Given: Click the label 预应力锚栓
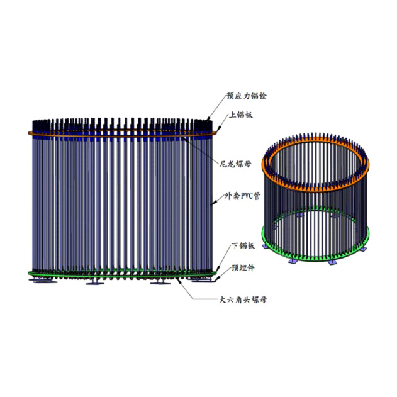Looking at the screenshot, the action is point(247,96).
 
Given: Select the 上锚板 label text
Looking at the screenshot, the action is point(241,115).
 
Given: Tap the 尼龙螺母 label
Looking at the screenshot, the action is point(235,164).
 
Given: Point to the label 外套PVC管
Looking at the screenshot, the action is point(242,196).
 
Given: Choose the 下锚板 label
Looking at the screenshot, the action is point(243,246).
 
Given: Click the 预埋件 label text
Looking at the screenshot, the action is point(243,268).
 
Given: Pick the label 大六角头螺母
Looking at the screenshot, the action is point(243,300).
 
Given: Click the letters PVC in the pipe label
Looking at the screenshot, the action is point(244,196).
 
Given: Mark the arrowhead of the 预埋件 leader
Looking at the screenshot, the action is point(214,281).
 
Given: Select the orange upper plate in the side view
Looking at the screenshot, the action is point(123,133).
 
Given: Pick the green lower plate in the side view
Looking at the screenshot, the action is point(123,273).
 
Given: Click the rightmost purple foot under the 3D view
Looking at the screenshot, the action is point(364,249).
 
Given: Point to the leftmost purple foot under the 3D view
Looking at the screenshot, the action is point(266,246).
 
